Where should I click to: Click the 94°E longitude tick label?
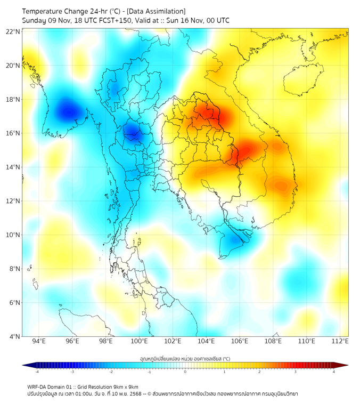point(39,341)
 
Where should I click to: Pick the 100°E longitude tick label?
point(140,341)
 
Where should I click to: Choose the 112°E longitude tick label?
point(340,341)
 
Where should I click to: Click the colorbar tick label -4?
point(36,372)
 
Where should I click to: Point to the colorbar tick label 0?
point(185,372)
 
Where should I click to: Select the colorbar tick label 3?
point(296,372)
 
